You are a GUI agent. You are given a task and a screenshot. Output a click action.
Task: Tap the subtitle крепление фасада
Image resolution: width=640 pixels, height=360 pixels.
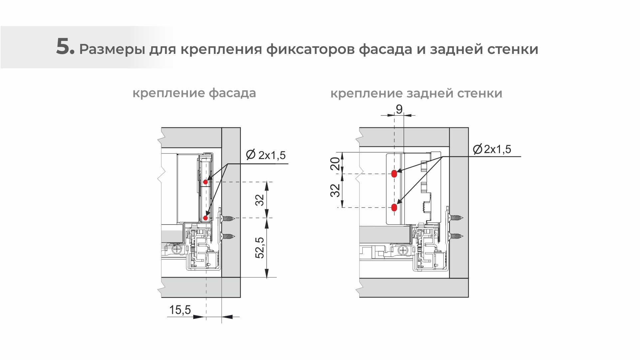point(194,93)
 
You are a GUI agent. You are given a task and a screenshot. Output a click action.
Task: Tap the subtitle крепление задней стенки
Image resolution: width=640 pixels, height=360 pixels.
point(416,93)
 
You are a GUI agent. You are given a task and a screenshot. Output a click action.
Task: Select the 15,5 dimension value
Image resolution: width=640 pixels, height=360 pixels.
point(180,310)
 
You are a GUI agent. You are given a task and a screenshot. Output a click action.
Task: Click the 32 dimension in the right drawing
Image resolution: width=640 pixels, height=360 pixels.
point(336,191)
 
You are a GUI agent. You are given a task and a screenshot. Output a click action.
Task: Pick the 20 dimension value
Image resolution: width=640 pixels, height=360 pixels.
point(336,164)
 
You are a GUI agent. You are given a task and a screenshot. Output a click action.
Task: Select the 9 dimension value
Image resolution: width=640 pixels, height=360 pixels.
point(399,109)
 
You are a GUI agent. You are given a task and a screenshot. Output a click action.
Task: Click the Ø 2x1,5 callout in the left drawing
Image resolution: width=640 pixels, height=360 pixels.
point(265,155)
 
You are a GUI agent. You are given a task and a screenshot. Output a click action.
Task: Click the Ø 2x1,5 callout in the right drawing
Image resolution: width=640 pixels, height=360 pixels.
point(492,149)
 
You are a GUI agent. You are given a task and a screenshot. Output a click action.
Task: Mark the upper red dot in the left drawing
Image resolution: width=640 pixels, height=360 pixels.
point(206,182)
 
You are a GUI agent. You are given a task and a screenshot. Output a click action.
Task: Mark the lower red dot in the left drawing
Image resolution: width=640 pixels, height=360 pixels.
point(206,218)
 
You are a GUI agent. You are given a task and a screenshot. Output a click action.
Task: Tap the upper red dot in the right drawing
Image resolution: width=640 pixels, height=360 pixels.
point(394,173)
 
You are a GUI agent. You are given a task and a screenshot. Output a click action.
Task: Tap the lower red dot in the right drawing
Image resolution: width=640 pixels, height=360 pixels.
point(394,208)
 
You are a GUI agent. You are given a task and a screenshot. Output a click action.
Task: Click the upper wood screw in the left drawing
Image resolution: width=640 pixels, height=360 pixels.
point(228,219)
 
